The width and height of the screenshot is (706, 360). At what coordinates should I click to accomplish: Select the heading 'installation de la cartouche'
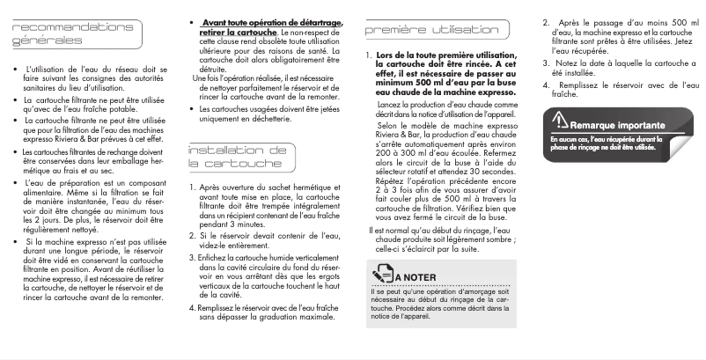[x=237, y=157]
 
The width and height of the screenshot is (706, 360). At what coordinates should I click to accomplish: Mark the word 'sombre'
[x=498, y=239]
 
